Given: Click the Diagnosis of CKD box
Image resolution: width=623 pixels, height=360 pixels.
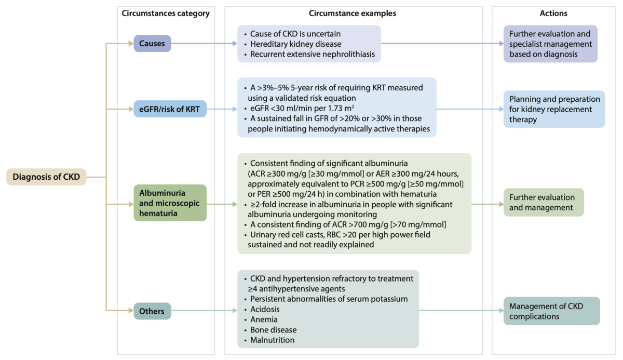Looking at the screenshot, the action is pyautogui.click(x=46, y=177).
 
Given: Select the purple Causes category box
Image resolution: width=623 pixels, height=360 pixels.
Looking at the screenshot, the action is pyautogui.click(x=152, y=44).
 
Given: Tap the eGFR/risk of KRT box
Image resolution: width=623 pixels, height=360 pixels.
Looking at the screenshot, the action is pyautogui.click(x=170, y=109).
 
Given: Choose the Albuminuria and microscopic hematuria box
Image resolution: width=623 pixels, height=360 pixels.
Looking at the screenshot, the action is pyautogui.click(x=170, y=203).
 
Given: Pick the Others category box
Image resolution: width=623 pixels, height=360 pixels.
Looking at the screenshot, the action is pyautogui.click(x=152, y=311).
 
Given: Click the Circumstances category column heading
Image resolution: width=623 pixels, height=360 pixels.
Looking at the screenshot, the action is pyautogui.click(x=166, y=14).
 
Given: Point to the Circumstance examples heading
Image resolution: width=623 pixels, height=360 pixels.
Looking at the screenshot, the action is pyautogui.click(x=353, y=14).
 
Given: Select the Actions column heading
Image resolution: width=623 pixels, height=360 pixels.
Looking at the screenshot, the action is pyautogui.click(x=553, y=14).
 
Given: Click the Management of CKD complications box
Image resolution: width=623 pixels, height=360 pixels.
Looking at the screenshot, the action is pyautogui.click(x=551, y=311).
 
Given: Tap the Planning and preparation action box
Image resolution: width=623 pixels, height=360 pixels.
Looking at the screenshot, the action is pyautogui.click(x=554, y=109).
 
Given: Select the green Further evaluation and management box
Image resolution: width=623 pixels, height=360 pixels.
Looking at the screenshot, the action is pyautogui.click(x=544, y=202).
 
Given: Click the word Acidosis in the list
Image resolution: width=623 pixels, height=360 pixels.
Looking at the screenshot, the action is pyautogui.click(x=265, y=310).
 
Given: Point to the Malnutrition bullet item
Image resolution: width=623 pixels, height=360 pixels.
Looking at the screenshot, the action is pyautogui.click(x=272, y=340).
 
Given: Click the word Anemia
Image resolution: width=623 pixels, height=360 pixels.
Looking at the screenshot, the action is pyautogui.click(x=264, y=319).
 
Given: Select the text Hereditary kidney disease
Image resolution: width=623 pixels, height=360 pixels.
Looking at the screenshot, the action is pyautogui.click(x=295, y=44).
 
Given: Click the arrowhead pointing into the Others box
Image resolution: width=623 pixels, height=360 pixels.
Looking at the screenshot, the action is pyautogui.click(x=131, y=311).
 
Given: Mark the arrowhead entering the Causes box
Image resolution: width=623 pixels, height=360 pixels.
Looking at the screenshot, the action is pyautogui.click(x=131, y=44).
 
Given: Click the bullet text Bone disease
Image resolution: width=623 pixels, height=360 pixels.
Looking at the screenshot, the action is pyautogui.click(x=274, y=330).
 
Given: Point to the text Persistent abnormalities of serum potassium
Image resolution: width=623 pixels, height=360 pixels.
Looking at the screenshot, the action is pyautogui.click(x=329, y=299).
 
